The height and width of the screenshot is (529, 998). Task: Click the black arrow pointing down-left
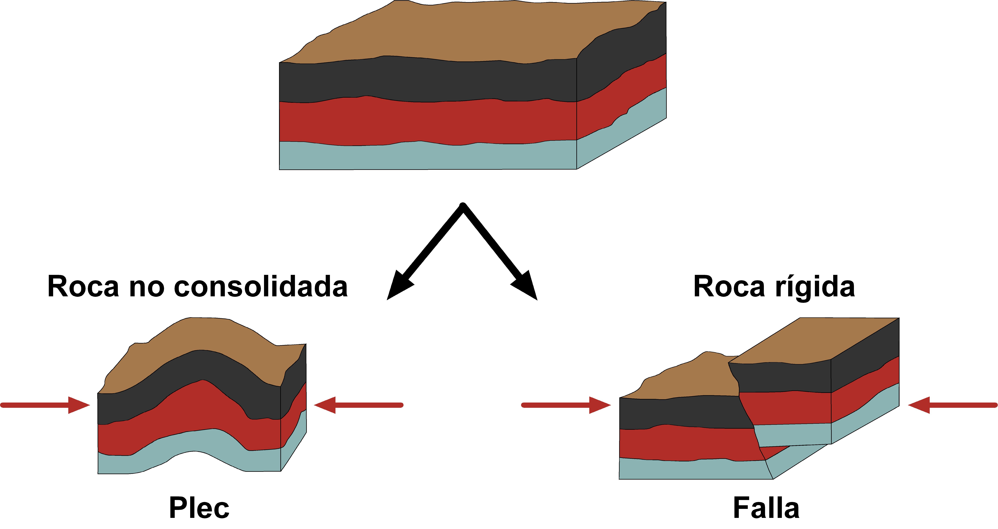coord(422,256)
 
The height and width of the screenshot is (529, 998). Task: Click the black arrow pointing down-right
coord(504,256)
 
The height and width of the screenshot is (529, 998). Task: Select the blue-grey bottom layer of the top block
coord(426,157)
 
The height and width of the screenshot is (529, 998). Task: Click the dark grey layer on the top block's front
coord(426,79)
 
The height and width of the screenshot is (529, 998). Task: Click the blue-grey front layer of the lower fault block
coord(690,470)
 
